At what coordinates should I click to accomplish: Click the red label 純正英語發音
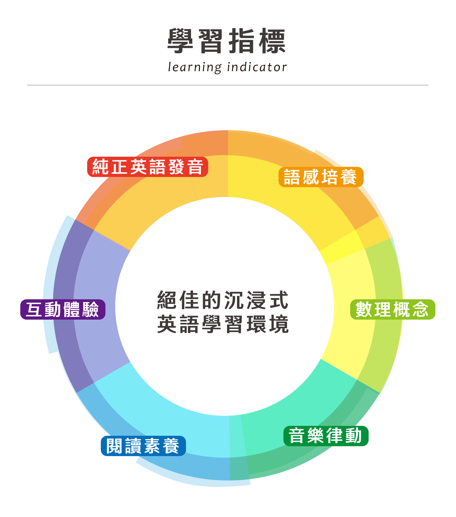click(x=148, y=167)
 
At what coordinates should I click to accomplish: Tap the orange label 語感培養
click(x=321, y=177)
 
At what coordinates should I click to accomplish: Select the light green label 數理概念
click(x=392, y=309)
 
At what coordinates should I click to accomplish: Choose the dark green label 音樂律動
click(x=326, y=436)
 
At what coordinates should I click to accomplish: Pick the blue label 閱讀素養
click(x=143, y=446)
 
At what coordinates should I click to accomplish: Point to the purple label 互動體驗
click(x=63, y=309)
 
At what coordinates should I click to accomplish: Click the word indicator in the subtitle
click(x=257, y=67)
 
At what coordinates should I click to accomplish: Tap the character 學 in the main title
click(x=180, y=41)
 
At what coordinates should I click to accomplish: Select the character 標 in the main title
click(x=272, y=41)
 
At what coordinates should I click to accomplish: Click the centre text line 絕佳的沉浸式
click(x=223, y=300)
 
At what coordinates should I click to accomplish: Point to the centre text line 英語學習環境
click(x=223, y=324)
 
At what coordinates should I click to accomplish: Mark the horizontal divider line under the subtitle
click(x=228, y=85)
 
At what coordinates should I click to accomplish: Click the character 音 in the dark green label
click(x=296, y=436)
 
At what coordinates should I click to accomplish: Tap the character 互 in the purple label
click(x=34, y=309)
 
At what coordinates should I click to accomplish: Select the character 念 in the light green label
click(x=421, y=309)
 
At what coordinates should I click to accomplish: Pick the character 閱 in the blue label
click(x=114, y=446)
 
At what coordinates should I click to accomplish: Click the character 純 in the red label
click(x=100, y=167)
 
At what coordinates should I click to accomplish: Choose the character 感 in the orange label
click(x=311, y=177)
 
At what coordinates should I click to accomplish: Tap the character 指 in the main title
click(x=242, y=41)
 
